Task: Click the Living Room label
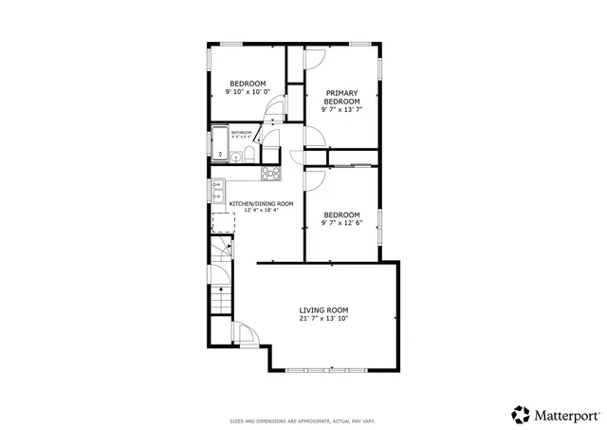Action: tap(324, 310)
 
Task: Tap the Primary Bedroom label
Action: tap(342, 97)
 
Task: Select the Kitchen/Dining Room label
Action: tap(261, 203)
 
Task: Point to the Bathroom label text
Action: tap(241, 132)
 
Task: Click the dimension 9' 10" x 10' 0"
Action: tap(248, 92)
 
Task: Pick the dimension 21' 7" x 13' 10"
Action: tap(324, 320)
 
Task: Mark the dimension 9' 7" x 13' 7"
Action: tap(342, 110)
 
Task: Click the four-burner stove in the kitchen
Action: tap(270, 173)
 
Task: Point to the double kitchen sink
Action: tap(217, 190)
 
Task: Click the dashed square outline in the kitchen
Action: tap(222, 223)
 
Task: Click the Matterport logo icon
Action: tap(521, 414)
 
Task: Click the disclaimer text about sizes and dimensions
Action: tap(303, 420)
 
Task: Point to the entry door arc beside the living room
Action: tap(243, 334)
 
